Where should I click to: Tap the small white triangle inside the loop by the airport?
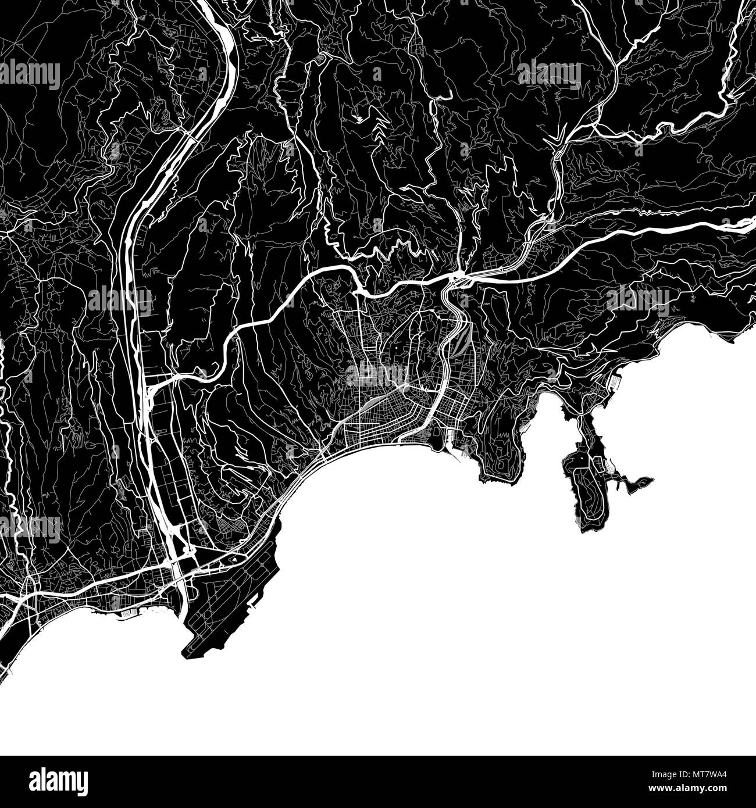[x=233, y=559]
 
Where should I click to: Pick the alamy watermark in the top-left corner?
[x=30, y=74]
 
